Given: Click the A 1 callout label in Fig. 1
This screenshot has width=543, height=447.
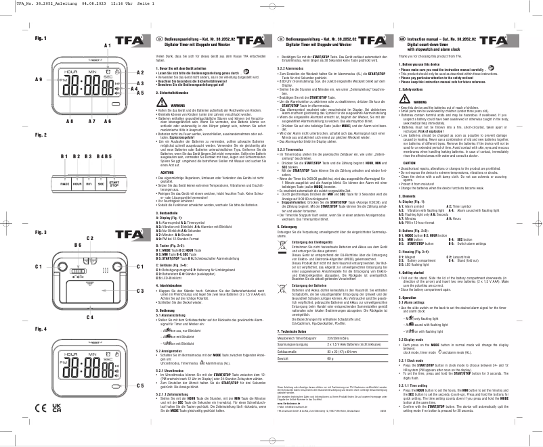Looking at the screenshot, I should tap(107, 45).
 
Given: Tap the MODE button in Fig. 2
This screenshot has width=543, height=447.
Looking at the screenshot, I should tap(65, 164).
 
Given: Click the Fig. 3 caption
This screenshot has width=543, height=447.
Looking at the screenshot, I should tap(41, 232).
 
